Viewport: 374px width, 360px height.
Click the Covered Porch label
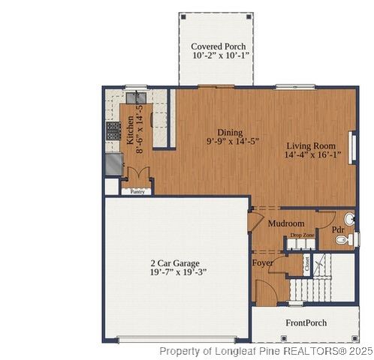click(x=218, y=46)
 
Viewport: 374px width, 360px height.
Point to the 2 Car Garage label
click(x=175, y=263)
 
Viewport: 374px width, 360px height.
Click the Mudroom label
click(x=285, y=223)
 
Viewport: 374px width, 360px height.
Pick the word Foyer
click(x=262, y=262)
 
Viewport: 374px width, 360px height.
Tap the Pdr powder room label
click(x=339, y=229)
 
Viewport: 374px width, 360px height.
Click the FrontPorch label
click(x=306, y=322)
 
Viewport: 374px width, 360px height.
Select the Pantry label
click(x=137, y=192)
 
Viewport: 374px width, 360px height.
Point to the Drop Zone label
click(x=303, y=236)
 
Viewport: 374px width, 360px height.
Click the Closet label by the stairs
click(x=306, y=263)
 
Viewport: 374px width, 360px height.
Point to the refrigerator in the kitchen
click(x=114, y=163)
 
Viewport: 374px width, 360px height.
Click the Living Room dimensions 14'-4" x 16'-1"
click(x=312, y=155)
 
